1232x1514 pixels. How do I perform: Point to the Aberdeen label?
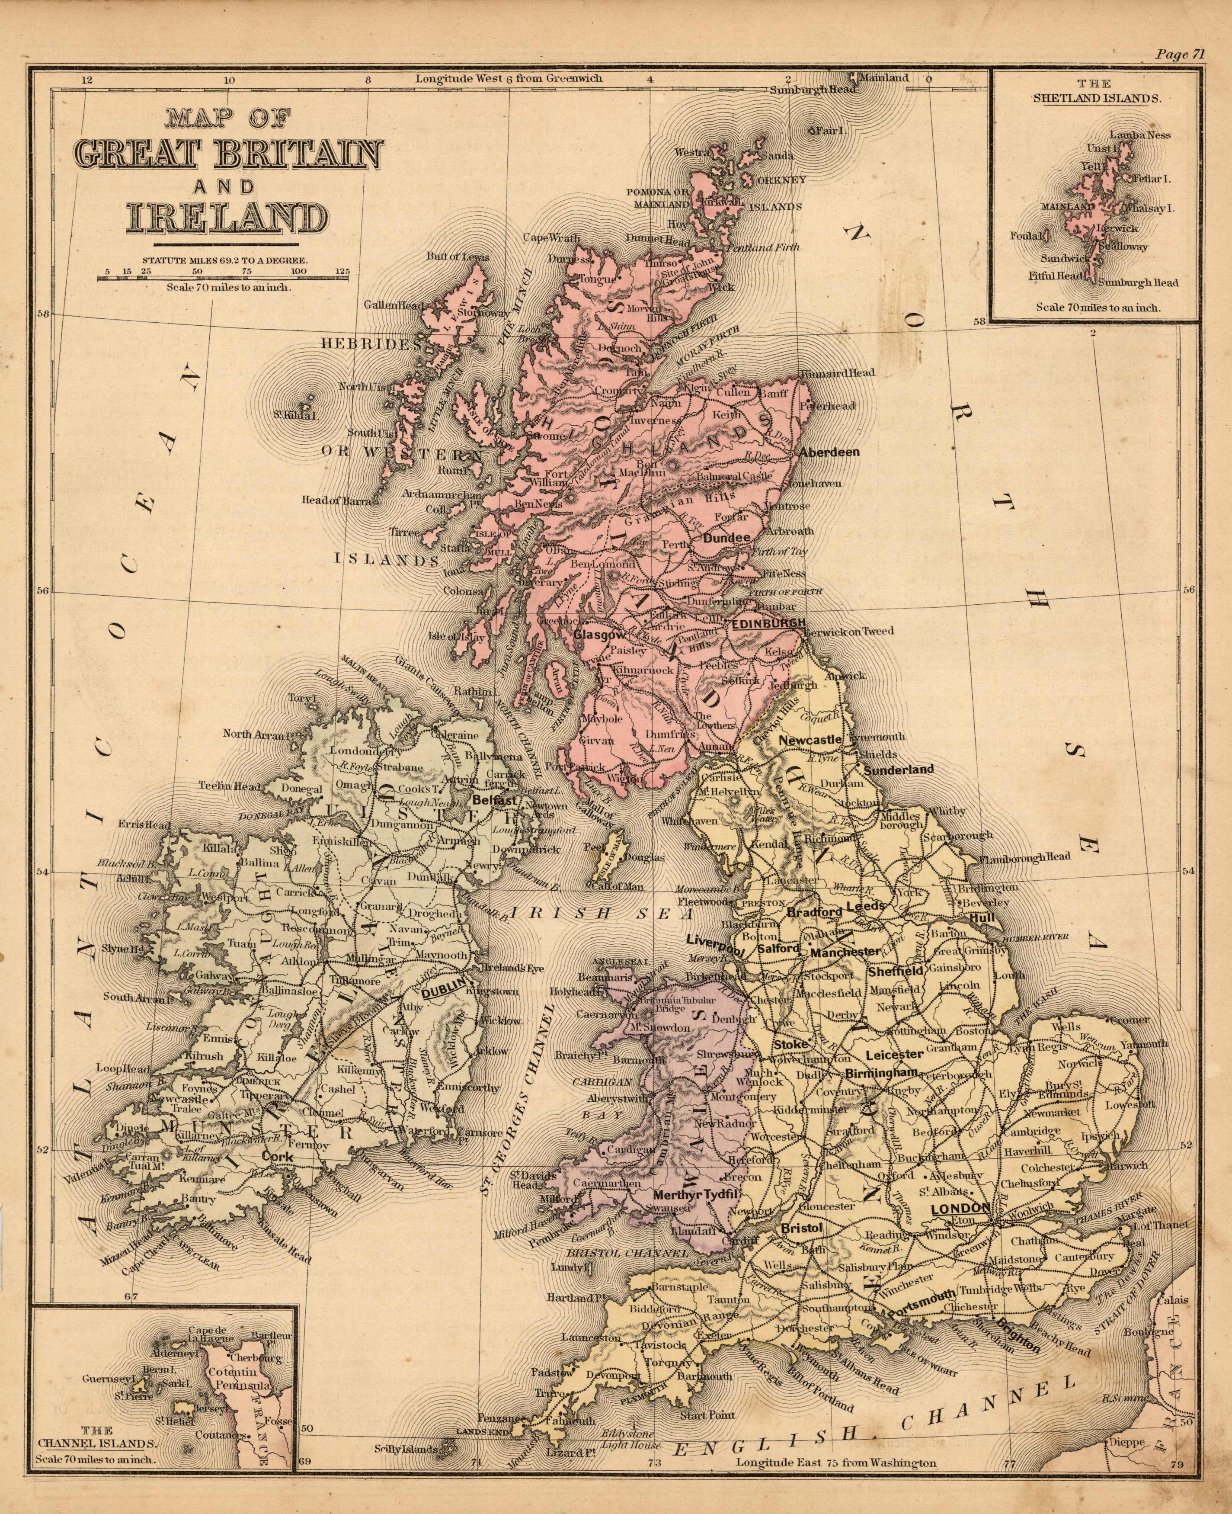tap(829, 452)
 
